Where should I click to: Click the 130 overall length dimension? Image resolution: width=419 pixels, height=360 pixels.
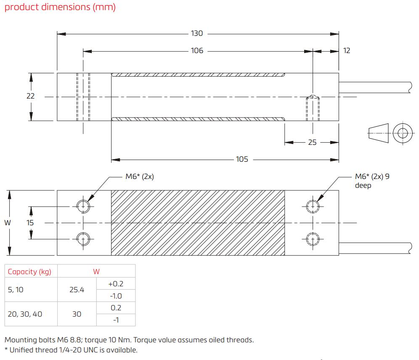pyautogui.click(x=197, y=33)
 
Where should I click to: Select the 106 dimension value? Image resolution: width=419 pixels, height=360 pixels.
pyautogui.click(x=197, y=51)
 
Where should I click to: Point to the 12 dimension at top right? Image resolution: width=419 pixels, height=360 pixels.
pyautogui.click(x=347, y=51)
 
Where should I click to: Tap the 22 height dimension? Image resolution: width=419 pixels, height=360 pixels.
pyautogui.click(x=30, y=96)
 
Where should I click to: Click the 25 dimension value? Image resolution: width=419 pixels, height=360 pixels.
pyautogui.click(x=312, y=142)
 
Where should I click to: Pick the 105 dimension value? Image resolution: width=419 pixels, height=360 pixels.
pyautogui.click(x=242, y=159)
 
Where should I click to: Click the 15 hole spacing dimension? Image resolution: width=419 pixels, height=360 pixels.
pyautogui.click(x=30, y=222)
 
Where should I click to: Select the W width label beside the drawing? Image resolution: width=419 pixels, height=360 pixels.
pyautogui.click(x=8, y=222)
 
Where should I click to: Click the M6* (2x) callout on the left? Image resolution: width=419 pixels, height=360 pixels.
pyautogui.click(x=140, y=177)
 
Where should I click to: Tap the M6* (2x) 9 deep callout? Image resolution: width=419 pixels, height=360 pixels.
pyautogui.click(x=372, y=181)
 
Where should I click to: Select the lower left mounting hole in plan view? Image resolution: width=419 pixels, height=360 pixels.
pyautogui.click(x=83, y=239)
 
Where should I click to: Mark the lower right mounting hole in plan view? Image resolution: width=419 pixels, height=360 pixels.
pyautogui.click(x=312, y=239)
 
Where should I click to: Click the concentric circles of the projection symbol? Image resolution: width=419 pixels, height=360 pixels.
pyautogui.click(x=403, y=133)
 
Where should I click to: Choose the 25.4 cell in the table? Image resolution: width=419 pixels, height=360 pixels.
pyautogui.click(x=77, y=289)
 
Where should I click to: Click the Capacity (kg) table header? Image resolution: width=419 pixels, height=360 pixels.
pyautogui.click(x=29, y=272)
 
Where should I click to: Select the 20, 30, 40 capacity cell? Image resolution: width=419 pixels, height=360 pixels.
pyautogui.click(x=25, y=314)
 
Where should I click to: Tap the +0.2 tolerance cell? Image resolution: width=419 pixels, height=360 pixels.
pyautogui.click(x=116, y=283)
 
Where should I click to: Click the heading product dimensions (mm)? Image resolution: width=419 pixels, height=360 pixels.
pyautogui.click(x=60, y=8)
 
